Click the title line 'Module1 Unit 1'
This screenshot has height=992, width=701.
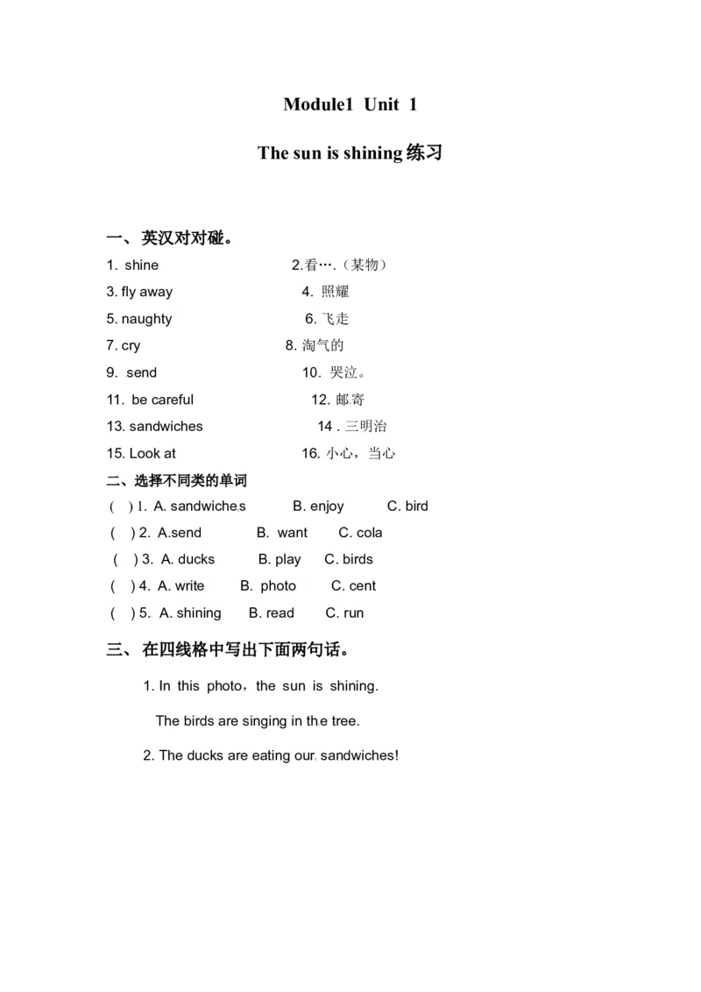click(350, 104)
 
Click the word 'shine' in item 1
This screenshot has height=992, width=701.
click(142, 265)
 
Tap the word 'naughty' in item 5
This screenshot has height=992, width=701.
click(147, 319)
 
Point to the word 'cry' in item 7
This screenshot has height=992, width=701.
click(131, 346)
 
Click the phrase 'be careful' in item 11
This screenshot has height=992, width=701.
click(163, 400)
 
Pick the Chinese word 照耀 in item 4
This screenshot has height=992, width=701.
click(336, 292)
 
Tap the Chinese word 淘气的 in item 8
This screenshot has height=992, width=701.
click(322, 345)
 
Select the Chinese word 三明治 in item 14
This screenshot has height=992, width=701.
click(365, 427)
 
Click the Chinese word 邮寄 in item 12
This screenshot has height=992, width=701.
click(350, 400)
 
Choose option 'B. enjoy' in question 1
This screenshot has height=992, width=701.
click(318, 507)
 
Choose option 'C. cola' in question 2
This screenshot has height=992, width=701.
click(361, 533)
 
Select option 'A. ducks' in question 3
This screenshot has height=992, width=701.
click(188, 559)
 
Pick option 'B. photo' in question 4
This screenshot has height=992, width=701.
click(268, 586)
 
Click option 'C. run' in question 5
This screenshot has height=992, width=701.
click(345, 613)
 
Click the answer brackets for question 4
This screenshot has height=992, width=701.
click(123, 586)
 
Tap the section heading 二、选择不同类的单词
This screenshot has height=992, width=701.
click(176, 481)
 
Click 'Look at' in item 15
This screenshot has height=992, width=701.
click(152, 454)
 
